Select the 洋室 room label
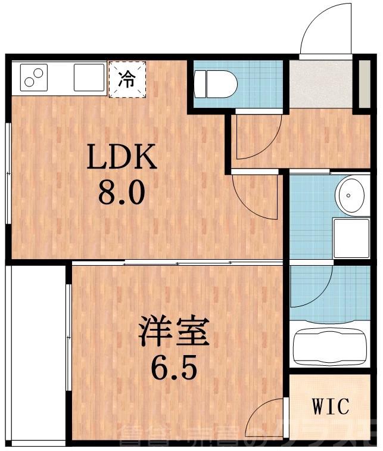pos(174,332)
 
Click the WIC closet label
pos(331,408)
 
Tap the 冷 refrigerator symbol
pos(126,79)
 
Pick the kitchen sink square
pos(89,78)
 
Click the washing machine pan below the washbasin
pos(351,238)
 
